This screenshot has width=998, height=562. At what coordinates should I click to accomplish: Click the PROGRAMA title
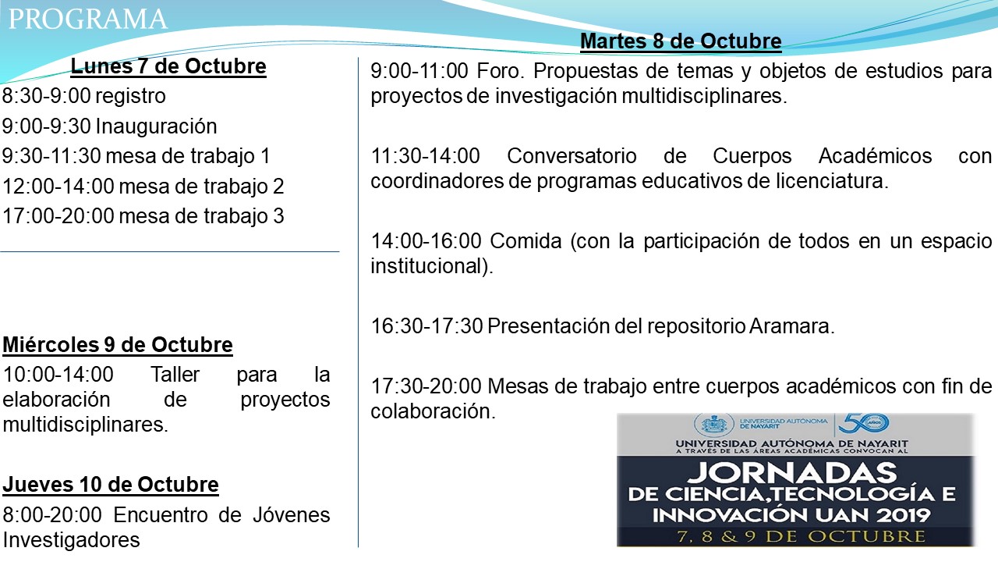(88, 20)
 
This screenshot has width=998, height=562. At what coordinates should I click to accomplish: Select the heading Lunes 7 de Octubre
(168, 66)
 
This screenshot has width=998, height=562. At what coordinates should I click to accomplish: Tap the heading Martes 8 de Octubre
(681, 41)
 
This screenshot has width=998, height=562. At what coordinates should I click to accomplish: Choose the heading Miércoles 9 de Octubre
(118, 345)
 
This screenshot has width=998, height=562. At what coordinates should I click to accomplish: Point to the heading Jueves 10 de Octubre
(111, 485)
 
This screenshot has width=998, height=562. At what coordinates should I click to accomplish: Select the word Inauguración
(157, 127)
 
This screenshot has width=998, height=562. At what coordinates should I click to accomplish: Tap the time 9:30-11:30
(51, 156)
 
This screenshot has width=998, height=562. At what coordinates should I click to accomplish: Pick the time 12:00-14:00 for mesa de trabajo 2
(58, 187)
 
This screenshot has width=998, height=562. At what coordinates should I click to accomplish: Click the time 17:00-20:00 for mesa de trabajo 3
(58, 216)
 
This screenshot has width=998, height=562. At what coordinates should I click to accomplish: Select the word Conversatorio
(572, 156)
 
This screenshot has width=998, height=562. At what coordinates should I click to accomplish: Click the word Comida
(526, 241)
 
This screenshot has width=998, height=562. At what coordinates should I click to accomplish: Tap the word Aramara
(791, 326)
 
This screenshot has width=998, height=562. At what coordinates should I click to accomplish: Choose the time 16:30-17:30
(426, 326)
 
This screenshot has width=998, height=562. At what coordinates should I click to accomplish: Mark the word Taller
(175, 375)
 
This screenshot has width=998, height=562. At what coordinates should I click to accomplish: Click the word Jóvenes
(292, 515)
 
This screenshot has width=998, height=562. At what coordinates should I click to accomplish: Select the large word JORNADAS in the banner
(793, 473)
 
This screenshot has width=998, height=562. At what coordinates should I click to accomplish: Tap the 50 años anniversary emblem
(863, 423)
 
